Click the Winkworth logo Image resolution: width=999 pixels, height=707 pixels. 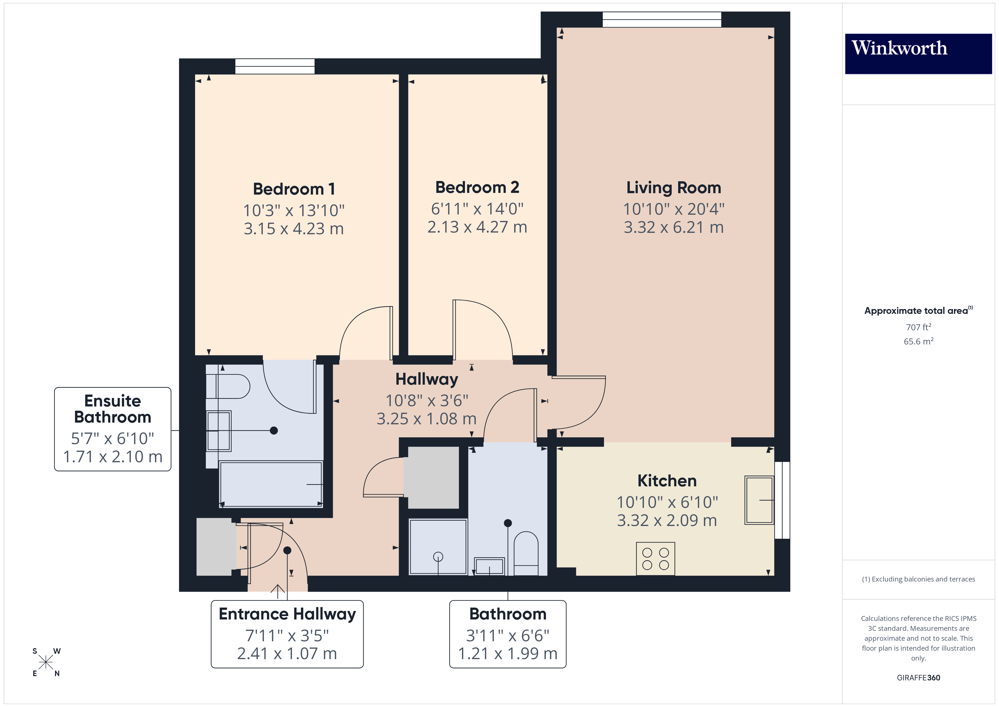point(918,53)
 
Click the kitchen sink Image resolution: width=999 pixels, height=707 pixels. point(759,500)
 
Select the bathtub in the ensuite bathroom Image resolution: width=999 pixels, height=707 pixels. point(271,484)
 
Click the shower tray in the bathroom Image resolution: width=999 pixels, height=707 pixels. point(438,547)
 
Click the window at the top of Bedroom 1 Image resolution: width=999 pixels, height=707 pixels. point(275,67)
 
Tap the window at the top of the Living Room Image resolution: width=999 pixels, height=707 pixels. point(661,20)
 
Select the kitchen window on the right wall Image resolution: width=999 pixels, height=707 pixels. point(782,500)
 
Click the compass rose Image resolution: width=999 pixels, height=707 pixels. point(46,662)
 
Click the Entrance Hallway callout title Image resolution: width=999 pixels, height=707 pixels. point(287,614)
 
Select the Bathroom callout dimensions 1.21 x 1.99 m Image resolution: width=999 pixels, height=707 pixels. point(507,653)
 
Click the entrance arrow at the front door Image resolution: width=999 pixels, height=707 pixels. point(277,591)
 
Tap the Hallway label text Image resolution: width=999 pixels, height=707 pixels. point(426,379)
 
